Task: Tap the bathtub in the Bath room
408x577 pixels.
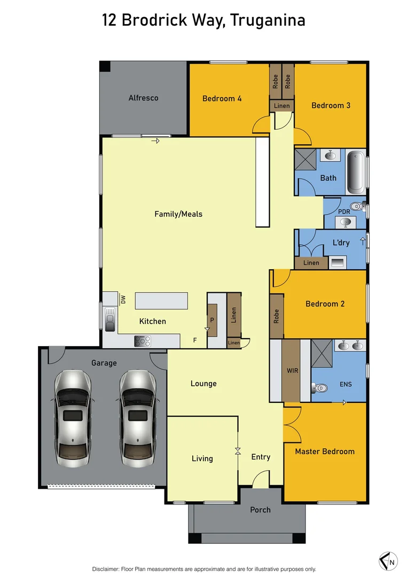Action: (356, 173)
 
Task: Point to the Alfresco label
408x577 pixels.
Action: (143, 98)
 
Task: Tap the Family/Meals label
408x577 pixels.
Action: (178, 214)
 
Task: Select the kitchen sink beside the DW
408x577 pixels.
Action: (110, 319)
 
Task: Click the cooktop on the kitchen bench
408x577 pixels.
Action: (142, 340)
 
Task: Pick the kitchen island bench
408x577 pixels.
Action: (161, 301)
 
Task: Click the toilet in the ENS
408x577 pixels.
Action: (320, 388)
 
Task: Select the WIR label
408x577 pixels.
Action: (292, 371)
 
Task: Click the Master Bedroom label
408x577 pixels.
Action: (325, 451)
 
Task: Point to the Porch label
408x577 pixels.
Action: (261, 510)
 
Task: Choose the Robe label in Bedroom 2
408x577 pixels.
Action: (276, 317)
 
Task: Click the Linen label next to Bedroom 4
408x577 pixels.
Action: (281, 106)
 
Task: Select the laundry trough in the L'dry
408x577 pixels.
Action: (338, 262)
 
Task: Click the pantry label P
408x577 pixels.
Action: (211, 320)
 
